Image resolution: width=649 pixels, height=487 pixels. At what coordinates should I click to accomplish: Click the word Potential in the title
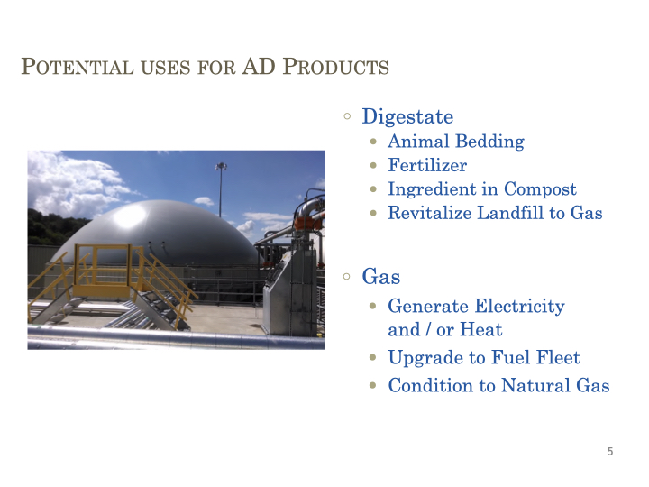[x=78, y=67]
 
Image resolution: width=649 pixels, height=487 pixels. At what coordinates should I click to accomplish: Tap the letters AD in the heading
[x=259, y=66]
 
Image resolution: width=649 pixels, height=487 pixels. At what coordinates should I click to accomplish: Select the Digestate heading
[x=407, y=116]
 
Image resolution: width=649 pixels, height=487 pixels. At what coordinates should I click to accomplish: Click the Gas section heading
[x=380, y=276]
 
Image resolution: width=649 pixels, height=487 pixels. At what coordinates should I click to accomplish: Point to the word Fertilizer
[x=427, y=165]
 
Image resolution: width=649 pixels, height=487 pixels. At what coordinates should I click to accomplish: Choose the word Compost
[x=540, y=189]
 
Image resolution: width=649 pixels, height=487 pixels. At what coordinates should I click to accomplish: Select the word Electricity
[x=519, y=307]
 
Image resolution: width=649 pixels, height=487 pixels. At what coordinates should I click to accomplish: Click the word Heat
[x=481, y=330]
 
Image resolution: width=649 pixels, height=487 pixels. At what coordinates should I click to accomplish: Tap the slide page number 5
[x=610, y=452]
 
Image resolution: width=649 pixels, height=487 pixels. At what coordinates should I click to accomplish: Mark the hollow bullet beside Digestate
[x=347, y=116]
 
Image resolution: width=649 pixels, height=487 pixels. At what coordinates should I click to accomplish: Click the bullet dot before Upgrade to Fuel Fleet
[x=373, y=357]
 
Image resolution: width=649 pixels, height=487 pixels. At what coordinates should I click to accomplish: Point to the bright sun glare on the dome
[x=129, y=216]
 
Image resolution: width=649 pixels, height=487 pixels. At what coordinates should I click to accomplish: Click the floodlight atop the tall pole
[x=221, y=167]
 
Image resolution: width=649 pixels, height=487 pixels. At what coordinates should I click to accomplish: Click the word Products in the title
[x=335, y=67]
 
